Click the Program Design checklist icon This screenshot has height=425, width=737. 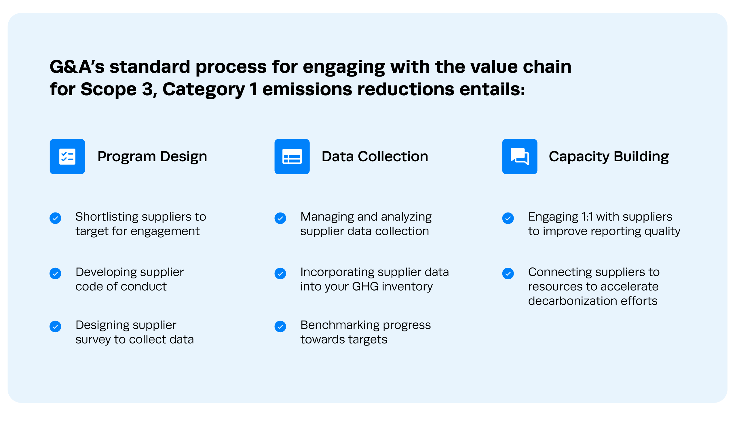tap(67, 156)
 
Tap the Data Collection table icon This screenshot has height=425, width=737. tap(292, 156)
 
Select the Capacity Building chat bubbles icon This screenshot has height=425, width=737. tap(519, 156)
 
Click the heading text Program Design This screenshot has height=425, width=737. tap(152, 156)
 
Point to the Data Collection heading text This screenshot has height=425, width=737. tap(375, 156)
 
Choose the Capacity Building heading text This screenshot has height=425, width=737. tap(609, 156)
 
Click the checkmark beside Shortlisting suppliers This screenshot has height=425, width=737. tap(55, 218)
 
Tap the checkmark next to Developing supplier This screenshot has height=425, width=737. tap(55, 274)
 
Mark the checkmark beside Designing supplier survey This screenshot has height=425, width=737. tap(55, 326)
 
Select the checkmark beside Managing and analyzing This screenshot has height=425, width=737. tap(280, 218)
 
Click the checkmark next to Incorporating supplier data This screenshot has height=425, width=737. tap(280, 274)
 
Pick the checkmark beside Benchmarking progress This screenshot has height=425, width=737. tap(280, 326)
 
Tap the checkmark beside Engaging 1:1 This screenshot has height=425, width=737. tap(508, 218)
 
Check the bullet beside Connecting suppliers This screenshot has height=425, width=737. tap(508, 274)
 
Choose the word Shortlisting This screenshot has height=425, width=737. tap(107, 217)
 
